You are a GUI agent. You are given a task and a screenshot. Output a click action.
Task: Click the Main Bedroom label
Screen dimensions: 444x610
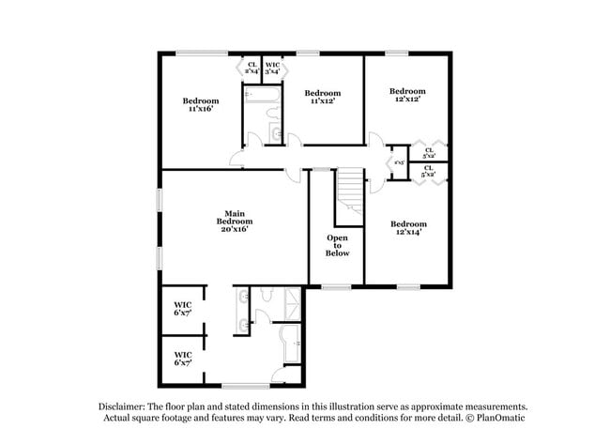237,221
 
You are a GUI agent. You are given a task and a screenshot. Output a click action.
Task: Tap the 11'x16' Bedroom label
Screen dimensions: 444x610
200,104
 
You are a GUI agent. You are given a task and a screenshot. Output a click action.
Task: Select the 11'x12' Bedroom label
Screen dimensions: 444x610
322,97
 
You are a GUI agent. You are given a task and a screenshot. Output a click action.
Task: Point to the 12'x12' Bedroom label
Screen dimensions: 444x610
407,95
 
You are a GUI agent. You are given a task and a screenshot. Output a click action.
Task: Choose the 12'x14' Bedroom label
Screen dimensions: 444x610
407,228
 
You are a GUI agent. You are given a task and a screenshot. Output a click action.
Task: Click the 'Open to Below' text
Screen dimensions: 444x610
337,245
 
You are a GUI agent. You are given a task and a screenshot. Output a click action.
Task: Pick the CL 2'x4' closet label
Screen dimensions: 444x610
252,68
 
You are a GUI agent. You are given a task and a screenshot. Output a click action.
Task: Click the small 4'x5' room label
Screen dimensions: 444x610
398,162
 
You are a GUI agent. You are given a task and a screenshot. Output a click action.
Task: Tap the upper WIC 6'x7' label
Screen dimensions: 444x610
183,308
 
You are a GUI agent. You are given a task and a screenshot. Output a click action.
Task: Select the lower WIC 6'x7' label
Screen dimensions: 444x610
183,358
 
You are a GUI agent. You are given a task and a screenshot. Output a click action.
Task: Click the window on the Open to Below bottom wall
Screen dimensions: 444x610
335,285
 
